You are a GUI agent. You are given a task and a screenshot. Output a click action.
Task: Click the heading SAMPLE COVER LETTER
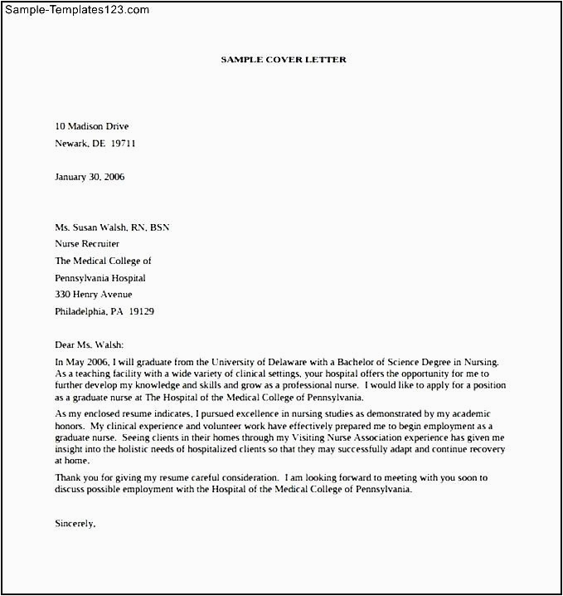point(284,60)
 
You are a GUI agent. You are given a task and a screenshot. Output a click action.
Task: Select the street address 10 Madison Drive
point(92,126)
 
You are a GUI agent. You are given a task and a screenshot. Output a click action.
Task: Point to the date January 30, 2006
point(90,177)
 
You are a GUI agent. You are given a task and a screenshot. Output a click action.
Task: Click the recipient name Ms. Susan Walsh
point(91,227)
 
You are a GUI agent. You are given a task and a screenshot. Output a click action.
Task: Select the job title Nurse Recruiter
point(87,244)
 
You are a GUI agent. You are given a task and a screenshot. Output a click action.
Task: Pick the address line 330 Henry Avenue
point(93,295)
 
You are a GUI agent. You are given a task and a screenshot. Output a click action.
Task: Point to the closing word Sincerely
point(75,524)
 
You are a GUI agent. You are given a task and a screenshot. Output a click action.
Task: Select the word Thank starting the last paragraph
point(69,477)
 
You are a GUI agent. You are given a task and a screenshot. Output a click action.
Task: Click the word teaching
point(94,374)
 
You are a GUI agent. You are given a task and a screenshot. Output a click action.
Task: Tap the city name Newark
point(72,143)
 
